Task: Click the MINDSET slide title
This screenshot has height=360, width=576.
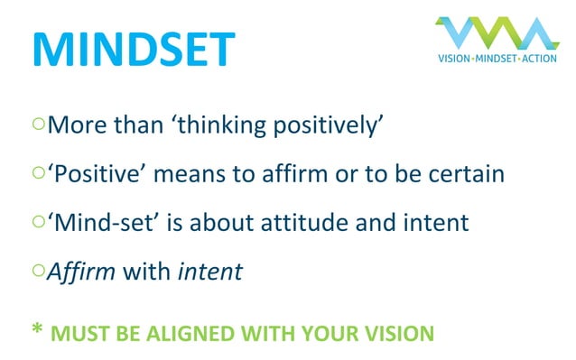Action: tap(133, 50)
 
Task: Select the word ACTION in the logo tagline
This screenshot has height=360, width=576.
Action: tap(539, 59)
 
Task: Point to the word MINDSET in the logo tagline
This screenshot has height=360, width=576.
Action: tap(497, 59)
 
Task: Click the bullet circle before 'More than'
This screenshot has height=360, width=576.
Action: tap(38, 124)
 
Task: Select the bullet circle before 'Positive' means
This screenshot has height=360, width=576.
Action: tap(38, 172)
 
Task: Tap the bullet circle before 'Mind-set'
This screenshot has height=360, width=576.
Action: tap(38, 221)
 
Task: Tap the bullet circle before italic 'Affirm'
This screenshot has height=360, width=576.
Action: tap(38, 270)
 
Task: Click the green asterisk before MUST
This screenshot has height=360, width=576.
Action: tap(37, 330)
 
